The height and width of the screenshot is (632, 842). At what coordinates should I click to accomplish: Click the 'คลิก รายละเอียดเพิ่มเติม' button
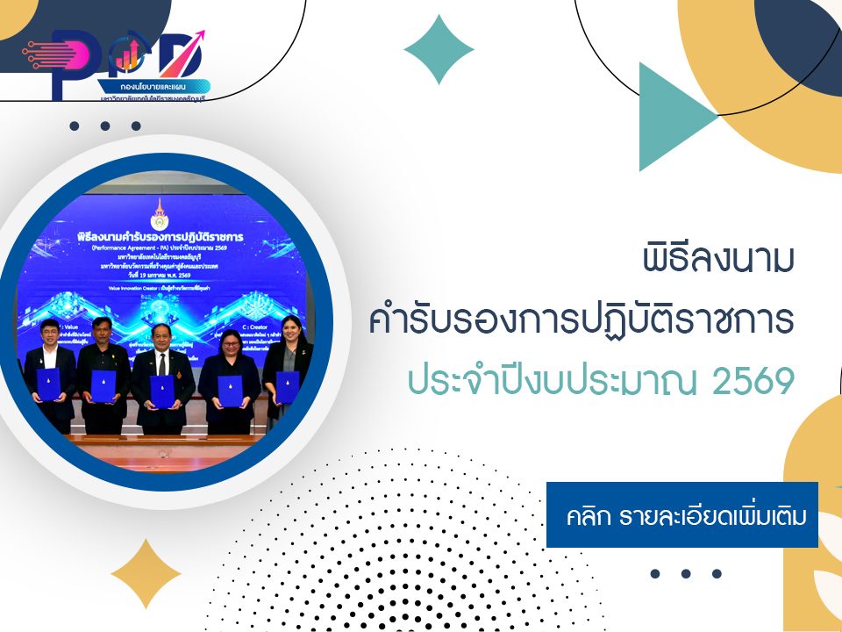[681, 514]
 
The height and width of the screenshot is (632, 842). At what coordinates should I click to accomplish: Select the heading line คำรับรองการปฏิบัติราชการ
[582, 321]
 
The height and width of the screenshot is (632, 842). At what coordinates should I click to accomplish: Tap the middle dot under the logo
[105, 126]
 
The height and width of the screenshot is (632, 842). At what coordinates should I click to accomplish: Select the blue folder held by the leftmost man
[48, 384]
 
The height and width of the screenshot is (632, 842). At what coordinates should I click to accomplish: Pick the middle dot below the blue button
[686, 574]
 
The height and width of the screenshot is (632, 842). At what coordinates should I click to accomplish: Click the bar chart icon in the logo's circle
[129, 58]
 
